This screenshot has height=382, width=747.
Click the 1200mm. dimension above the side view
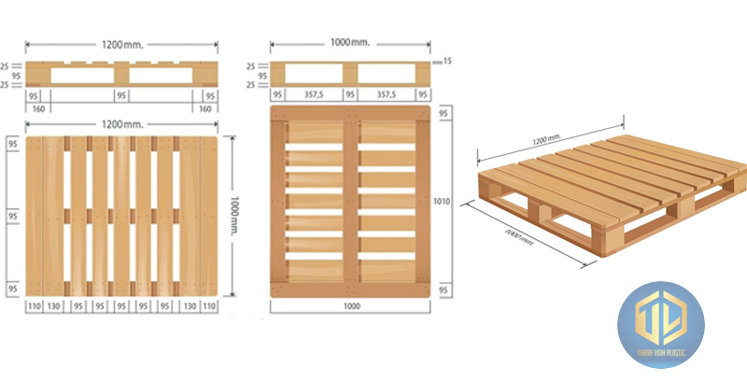120,42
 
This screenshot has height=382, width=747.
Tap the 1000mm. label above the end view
350,42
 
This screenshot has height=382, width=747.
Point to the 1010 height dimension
442,199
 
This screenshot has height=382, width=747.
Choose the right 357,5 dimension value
386,94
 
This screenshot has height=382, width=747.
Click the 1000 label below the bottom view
350,305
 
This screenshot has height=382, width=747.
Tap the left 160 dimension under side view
38,107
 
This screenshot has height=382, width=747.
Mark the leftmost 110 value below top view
35,305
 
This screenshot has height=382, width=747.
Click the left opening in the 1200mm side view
81,75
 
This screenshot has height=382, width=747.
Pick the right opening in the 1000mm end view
387,75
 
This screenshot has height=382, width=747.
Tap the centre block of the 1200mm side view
121,75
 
